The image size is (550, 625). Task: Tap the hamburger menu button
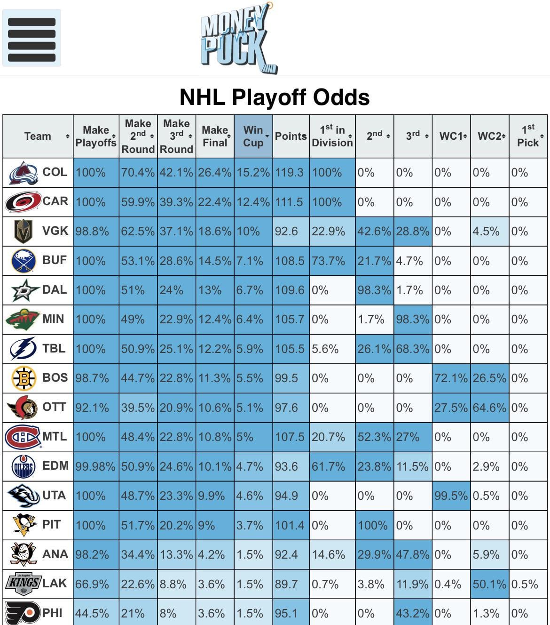coord(31,38)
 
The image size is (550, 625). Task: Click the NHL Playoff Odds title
coord(275,97)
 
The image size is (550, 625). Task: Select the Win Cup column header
coord(253,136)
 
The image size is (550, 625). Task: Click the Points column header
coord(291,136)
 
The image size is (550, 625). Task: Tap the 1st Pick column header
coord(528,136)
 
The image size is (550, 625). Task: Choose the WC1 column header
coord(451,136)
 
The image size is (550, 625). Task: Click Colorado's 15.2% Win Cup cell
coord(253,173)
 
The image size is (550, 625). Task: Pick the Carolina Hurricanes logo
coord(23,202)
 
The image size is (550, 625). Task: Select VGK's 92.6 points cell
coord(291,232)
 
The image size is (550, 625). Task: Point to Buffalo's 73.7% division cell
coord(332,261)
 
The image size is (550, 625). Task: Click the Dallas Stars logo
coord(24,290)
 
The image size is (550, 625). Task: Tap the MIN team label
coord(53,319)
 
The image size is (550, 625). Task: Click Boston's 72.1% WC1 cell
coord(451,378)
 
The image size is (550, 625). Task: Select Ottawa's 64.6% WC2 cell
coord(489,408)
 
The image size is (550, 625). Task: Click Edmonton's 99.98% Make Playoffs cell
coord(95,466)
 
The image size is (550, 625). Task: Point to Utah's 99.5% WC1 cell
coord(451,496)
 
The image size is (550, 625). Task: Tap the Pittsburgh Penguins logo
coord(24,525)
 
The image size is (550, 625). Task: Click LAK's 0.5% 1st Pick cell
coord(528,584)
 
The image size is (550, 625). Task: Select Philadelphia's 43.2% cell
coord(413,613)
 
